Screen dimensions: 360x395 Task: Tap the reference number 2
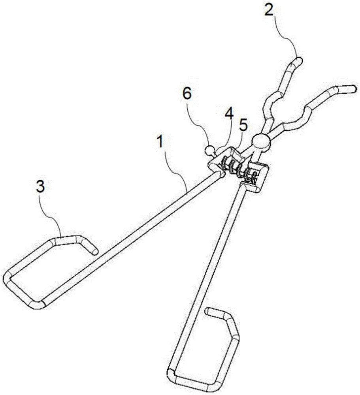coord(269,10)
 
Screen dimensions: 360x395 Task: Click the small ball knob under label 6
coord(209,150)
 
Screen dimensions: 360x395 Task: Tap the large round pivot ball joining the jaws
coord(261,143)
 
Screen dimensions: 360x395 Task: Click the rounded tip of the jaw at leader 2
coord(299,60)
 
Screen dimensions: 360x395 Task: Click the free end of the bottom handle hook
coord(208,311)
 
